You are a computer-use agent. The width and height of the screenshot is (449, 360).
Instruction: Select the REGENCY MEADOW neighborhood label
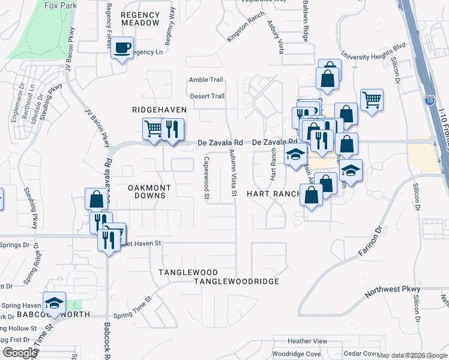tap(141, 19)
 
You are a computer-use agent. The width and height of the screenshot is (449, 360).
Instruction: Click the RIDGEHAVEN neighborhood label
tap(160, 110)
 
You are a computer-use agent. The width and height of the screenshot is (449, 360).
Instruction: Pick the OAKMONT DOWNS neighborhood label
tap(150, 192)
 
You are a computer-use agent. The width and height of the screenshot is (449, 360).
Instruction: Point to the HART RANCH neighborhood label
tap(273, 194)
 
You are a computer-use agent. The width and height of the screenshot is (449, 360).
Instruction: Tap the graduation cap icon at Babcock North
tap(54, 303)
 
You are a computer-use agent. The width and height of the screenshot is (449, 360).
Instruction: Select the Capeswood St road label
tap(206, 178)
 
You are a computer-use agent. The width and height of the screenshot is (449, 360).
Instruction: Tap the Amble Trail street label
tap(206, 80)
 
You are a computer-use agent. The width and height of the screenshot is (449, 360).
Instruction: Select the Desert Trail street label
tap(207, 96)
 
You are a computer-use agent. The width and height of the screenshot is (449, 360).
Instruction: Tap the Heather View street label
tap(308, 341)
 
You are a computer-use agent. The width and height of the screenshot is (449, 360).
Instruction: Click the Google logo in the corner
tap(19, 353)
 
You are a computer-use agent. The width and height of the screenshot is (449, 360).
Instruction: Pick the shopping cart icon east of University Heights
tap(372, 100)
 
